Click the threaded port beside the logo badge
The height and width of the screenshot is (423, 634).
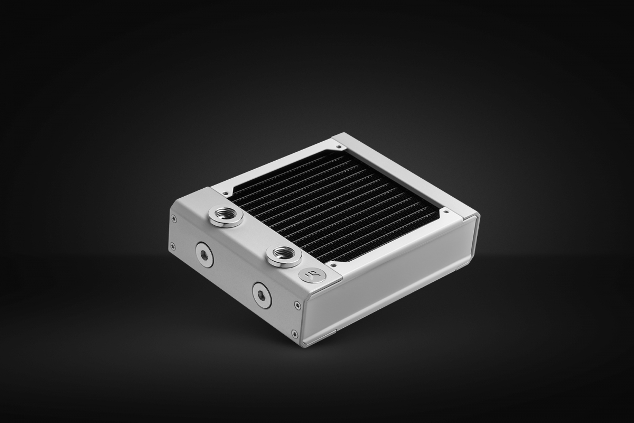pyautogui.click(x=284, y=256)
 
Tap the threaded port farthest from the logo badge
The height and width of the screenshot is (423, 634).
pyautogui.click(x=225, y=216)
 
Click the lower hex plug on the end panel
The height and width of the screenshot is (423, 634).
pyautogui.click(x=262, y=295)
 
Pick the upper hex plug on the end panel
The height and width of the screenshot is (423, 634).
pyautogui.click(x=204, y=255)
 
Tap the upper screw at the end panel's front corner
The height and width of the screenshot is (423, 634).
pyautogui.click(x=297, y=305)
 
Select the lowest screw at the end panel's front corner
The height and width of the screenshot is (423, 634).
pyautogui.click(x=295, y=334)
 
